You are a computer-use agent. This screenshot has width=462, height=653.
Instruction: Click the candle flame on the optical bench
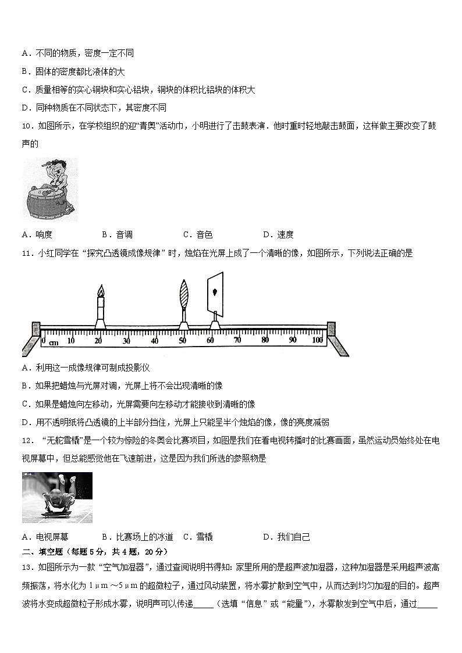click(x=101, y=291)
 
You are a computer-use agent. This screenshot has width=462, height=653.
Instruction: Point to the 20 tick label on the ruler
click(x=98, y=340)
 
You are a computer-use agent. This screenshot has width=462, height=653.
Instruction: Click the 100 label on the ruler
click(x=318, y=340)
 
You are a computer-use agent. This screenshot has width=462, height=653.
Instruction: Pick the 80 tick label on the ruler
click(x=265, y=340)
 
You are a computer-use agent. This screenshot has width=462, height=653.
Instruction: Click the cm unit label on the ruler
click(x=54, y=342)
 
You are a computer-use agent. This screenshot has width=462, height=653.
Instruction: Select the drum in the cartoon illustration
click(x=45, y=204)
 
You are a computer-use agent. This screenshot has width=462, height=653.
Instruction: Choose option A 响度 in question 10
click(x=37, y=235)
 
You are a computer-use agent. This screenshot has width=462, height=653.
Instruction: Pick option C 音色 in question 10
click(x=198, y=235)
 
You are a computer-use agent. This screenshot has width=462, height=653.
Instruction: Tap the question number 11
click(x=26, y=254)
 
